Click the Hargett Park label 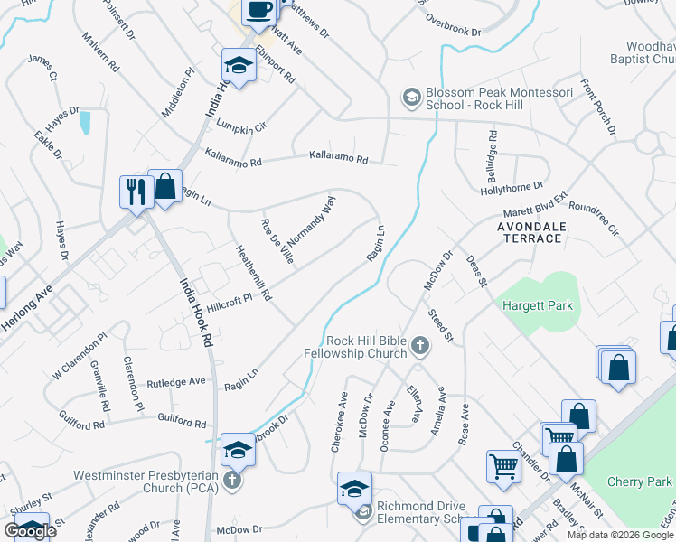[x=539, y=306]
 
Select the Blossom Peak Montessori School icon [x=411, y=97]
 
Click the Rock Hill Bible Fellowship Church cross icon [x=419, y=344]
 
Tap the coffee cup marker [x=259, y=10]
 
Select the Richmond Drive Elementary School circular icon [x=363, y=513]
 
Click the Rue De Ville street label [x=277, y=241]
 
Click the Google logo [x=31, y=531]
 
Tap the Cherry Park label [x=652, y=482]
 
